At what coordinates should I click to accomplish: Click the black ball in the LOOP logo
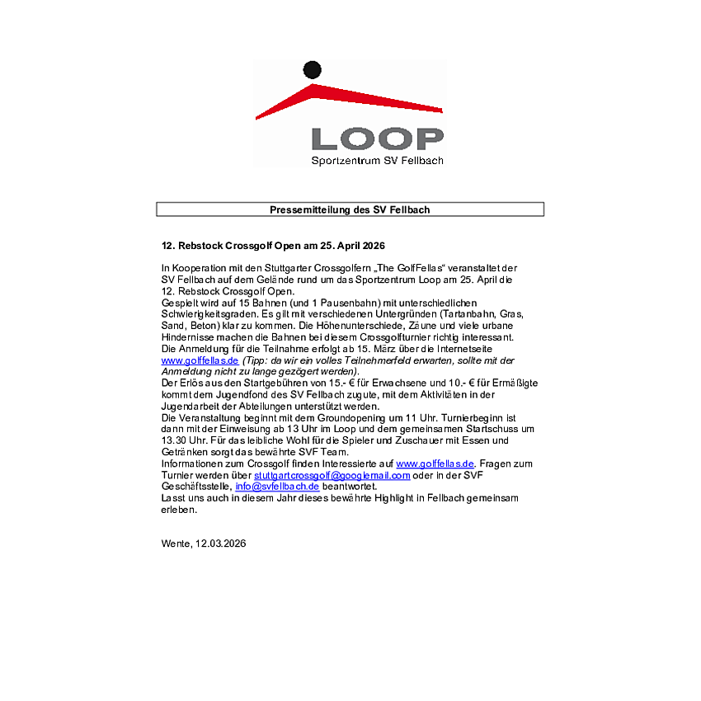(312, 71)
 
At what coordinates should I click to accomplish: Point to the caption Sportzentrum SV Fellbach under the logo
(377, 161)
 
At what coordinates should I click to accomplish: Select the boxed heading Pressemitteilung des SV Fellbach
(350, 209)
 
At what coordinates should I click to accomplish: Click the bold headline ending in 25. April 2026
(273, 246)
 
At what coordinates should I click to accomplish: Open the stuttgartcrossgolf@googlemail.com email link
(332, 476)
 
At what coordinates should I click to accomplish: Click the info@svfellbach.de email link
(277, 487)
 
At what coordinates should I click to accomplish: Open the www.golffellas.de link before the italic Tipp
(200, 360)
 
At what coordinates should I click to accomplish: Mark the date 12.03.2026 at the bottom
(221, 543)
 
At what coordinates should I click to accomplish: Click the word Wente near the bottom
(176, 543)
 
